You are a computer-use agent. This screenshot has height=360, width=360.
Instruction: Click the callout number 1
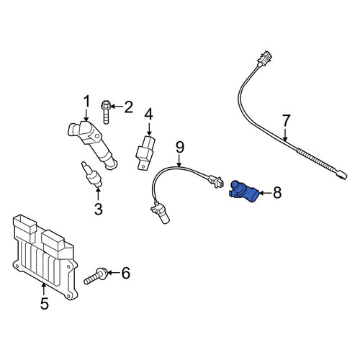(86, 101)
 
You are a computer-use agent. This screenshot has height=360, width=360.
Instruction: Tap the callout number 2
(129, 107)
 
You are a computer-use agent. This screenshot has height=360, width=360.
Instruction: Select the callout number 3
(99, 209)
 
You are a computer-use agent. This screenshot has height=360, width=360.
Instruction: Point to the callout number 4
(149, 114)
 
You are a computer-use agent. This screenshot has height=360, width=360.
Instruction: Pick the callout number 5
(45, 303)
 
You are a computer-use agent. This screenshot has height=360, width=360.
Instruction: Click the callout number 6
(126, 273)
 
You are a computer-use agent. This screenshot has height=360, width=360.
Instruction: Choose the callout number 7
(287, 120)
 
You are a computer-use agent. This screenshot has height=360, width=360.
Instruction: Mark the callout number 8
(277, 193)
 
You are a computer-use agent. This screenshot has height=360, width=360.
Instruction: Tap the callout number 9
(180, 148)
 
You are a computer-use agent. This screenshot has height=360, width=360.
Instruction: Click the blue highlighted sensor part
(243, 192)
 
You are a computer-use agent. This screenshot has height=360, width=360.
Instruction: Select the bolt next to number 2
(106, 112)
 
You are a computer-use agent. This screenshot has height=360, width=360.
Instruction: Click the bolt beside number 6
(96, 276)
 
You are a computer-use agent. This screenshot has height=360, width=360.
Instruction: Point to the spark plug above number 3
(92, 174)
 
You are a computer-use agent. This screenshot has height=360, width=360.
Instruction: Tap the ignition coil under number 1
(92, 145)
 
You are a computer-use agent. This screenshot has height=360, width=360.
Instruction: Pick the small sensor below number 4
(145, 153)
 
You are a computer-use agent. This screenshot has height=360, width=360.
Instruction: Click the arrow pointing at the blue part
(265, 193)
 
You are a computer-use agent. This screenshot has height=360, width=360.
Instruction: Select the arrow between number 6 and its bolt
(114, 273)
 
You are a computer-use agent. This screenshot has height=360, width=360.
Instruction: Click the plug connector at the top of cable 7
(264, 58)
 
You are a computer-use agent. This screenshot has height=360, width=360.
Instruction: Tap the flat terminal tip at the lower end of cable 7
(341, 174)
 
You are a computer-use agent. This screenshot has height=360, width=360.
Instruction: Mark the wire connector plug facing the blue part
(215, 181)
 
